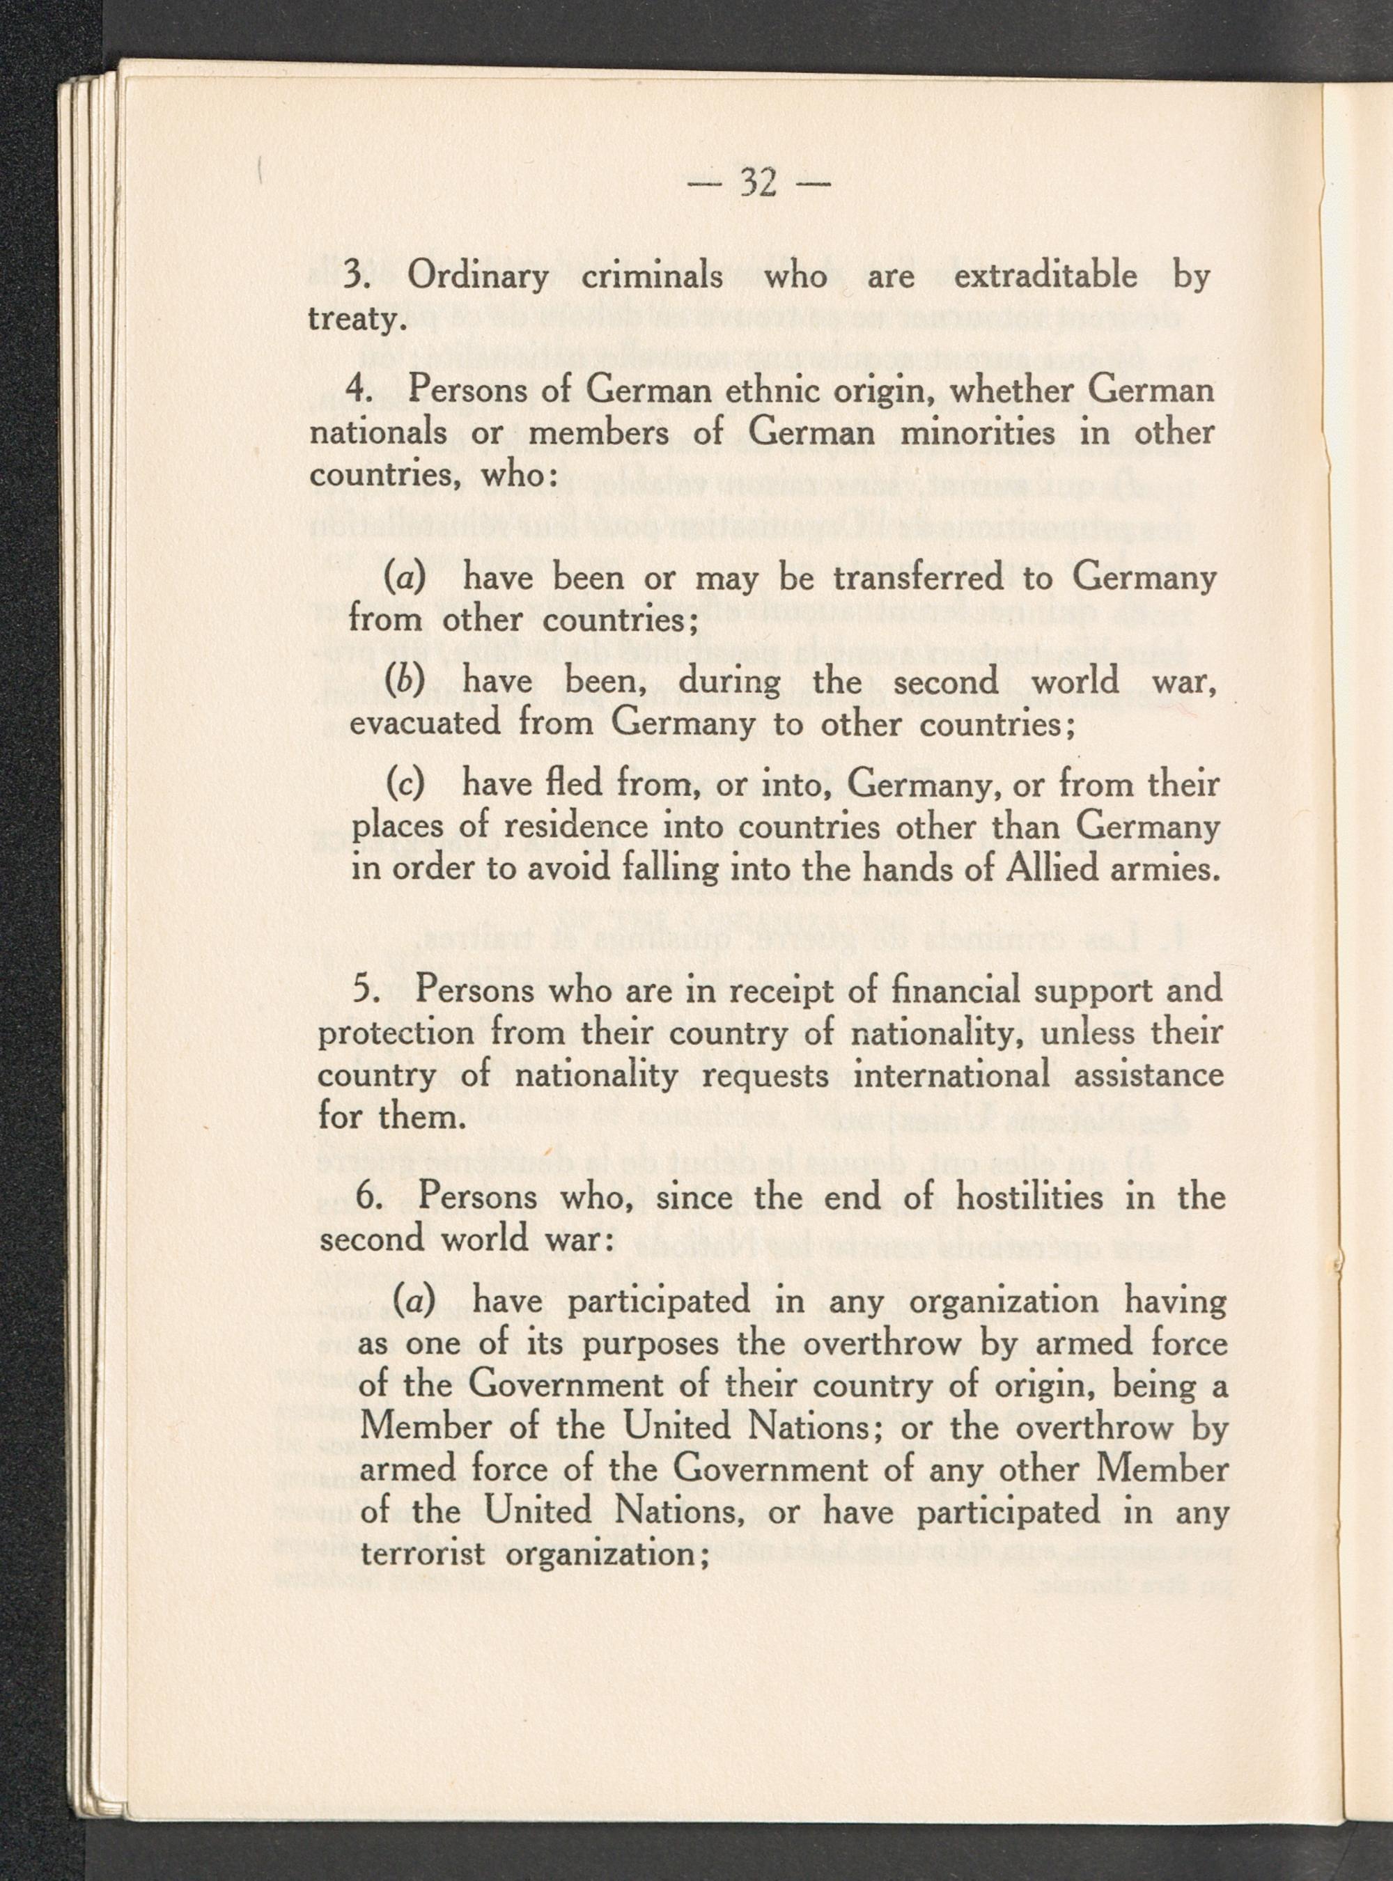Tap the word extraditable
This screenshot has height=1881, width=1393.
(x=1045, y=276)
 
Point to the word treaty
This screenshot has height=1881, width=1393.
(x=352, y=320)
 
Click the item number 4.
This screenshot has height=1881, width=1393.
(x=359, y=391)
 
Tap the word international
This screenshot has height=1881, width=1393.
(x=952, y=1075)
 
